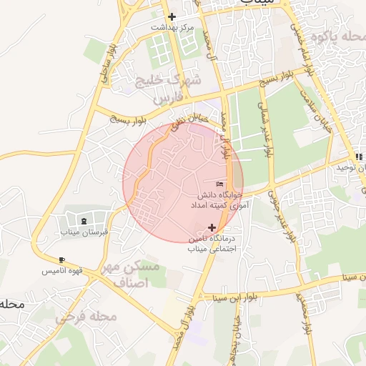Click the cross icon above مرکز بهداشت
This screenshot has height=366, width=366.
(172, 16)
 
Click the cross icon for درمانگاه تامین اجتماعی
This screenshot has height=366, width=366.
(212, 227)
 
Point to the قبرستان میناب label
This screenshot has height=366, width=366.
(84, 233)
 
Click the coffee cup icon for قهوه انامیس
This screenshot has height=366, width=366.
(61, 260)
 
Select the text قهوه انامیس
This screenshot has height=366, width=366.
(62, 272)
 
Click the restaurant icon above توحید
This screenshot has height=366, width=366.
(358, 156)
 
